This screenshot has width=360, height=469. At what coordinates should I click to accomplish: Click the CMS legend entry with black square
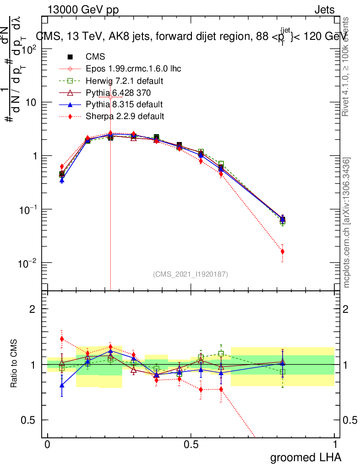coord(95,57)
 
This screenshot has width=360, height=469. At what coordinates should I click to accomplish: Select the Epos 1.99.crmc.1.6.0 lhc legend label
coord(133,69)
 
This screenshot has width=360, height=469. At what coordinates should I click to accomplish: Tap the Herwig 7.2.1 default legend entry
coord(125,81)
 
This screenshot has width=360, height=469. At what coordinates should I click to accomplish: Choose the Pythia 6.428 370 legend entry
coord(120,93)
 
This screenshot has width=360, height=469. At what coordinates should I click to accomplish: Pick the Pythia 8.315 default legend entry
coord(124,104)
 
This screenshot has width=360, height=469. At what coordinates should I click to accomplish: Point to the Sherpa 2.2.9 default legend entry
coord(125,116)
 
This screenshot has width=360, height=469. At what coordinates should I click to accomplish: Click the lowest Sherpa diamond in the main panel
coord(283,251)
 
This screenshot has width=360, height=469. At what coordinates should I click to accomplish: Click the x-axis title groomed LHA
coord(305,457)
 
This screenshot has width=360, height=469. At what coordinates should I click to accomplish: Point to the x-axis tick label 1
coord(335,445)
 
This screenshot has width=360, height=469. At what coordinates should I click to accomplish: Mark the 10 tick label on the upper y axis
coord(31,102)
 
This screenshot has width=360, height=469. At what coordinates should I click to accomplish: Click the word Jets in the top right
coord(324,10)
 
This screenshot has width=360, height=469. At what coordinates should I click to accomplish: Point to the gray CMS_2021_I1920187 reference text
coord(191,274)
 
